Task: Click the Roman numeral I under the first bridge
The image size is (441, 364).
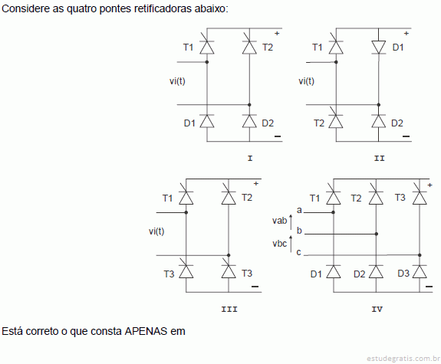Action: point(250,159)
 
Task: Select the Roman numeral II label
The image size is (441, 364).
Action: point(379,159)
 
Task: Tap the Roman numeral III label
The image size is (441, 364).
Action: point(229,309)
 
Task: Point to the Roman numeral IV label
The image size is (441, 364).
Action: point(377,309)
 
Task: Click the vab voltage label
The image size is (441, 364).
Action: point(279,221)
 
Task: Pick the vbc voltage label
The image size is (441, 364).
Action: point(279,243)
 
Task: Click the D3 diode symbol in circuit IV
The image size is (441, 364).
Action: point(420,271)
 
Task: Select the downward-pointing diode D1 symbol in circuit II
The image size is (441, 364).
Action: point(379,47)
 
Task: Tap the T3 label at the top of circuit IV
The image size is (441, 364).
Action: point(400,198)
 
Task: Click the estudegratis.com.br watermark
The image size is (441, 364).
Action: point(403,359)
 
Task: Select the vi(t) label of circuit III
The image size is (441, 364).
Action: point(156,231)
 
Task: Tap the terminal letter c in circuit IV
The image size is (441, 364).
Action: point(298,252)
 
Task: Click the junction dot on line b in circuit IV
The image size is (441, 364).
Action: point(377,234)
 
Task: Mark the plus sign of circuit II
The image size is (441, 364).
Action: point(406,34)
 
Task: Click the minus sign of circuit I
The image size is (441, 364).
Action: point(278,136)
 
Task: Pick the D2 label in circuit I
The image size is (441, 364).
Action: point(268,123)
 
